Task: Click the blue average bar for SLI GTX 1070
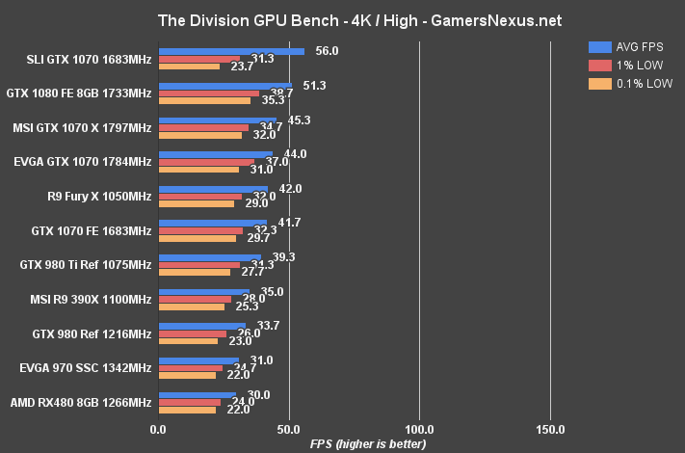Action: pyautogui.click(x=231, y=51)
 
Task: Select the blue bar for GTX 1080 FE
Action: pyautogui.click(x=224, y=86)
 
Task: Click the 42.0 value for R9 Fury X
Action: pyautogui.click(x=290, y=189)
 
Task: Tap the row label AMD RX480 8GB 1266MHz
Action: pyautogui.click(x=81, y=402)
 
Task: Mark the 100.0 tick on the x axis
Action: pyautogui.click(x=419, y=428)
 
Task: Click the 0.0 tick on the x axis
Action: pyautogui.click(x=158, y=428)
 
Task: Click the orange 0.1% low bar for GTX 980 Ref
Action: pyautogui.click(x=188, y=340)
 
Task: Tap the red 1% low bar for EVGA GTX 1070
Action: pyautogui.click(x=206, y=162)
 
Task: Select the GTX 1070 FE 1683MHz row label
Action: pyautogui.click(x=92, y=231)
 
